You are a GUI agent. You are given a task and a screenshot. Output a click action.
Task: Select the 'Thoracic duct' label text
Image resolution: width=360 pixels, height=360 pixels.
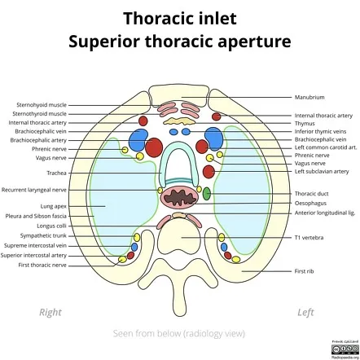coord(310,194)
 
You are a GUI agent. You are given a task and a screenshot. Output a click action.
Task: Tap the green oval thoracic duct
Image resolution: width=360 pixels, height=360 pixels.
coord(206,194)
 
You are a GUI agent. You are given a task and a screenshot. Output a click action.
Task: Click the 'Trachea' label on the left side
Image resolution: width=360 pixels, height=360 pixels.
coord(57,173)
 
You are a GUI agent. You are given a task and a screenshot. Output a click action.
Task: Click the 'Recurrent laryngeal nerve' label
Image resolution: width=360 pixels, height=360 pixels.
coord(34,189)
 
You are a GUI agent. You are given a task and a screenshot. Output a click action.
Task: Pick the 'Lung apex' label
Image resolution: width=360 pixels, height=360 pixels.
coord(54,207)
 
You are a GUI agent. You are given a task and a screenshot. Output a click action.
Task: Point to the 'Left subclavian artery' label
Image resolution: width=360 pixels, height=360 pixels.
coord(322,172)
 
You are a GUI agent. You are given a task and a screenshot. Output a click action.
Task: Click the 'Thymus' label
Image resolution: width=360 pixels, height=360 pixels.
coord(305,124)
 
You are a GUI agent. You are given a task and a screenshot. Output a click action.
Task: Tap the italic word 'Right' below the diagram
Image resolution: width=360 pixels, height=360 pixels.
coord(50,312)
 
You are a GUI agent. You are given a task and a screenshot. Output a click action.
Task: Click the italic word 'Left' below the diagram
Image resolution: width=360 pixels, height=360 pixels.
coord(305,312)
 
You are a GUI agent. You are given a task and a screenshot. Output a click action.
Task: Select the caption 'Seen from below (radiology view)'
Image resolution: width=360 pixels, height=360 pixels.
coord(179,334)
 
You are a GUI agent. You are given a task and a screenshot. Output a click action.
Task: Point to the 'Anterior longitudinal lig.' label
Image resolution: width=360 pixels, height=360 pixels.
coord(324,213)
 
